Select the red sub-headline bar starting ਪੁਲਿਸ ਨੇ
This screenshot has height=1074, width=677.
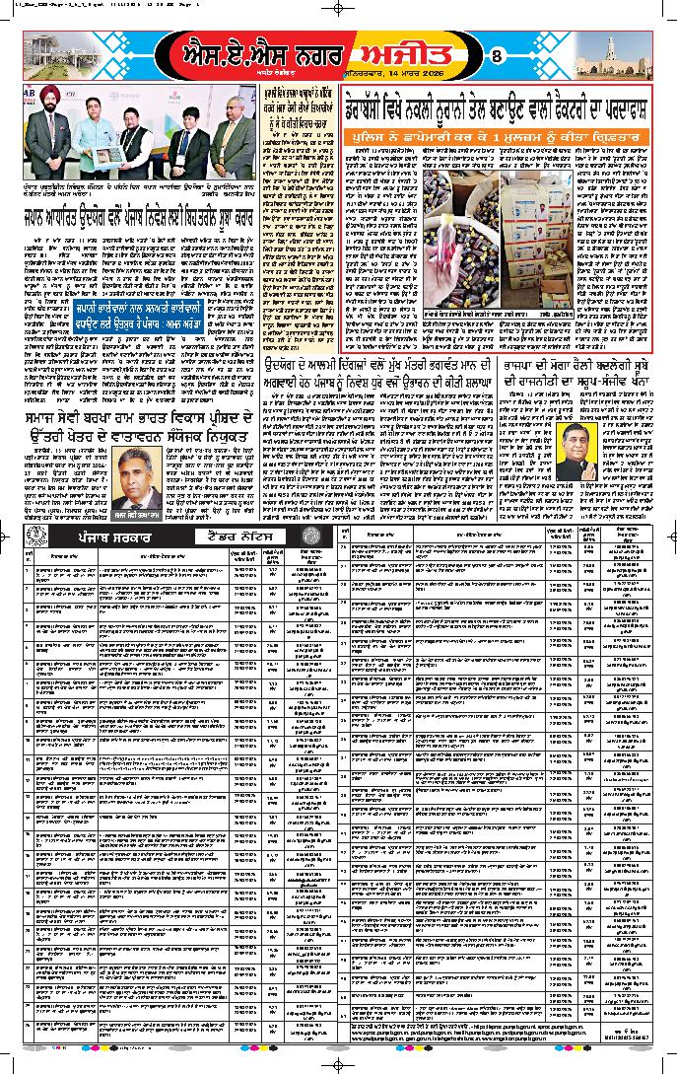[x=502, y=129]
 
